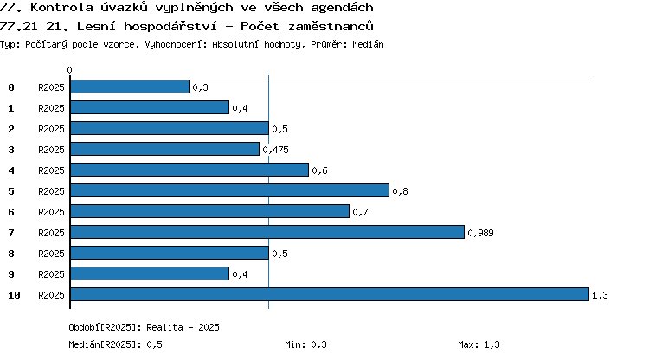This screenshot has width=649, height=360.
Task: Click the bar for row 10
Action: point(330,294)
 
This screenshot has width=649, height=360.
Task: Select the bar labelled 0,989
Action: point(267,232)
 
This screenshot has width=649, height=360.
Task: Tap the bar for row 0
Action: point(130,87)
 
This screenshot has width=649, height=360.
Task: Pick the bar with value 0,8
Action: point(229,190)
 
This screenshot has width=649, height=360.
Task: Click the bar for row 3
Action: point(164,149)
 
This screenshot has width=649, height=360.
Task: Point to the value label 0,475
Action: point(276,150)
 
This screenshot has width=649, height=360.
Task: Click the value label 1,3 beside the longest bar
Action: point(600,295)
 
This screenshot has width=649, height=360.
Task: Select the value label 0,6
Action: point(319,170)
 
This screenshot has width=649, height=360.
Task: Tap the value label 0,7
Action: point(360,212)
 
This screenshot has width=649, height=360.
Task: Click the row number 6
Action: point(11,212)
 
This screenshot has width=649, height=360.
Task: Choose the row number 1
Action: point(11,108)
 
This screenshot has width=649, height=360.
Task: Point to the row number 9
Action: point(11,274)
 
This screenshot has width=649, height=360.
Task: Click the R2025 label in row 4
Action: point(51,170)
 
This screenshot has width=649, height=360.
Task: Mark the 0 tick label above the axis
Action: point(69,70)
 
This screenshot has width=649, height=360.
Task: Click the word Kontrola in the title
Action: point(61,7)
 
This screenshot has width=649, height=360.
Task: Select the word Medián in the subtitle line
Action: point(368,44)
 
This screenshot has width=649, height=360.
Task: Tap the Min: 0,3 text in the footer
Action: point(305,344)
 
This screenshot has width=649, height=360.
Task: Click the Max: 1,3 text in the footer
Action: point(479,344)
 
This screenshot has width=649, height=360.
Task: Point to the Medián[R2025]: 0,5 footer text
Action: point(115,344)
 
